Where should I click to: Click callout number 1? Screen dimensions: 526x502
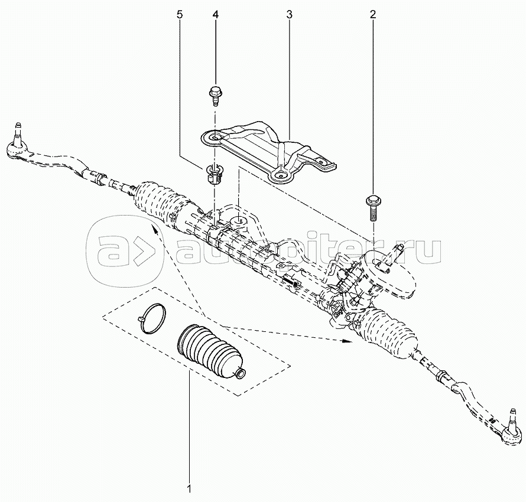pyautogui.click(x=189, y=488)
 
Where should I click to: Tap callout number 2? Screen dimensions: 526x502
pyautogui.click(x=373, y=14)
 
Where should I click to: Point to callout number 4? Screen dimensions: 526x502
pyautogui.click(x=215, y=14)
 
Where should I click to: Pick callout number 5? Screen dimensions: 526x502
pyautogui.click(x=180, y=14)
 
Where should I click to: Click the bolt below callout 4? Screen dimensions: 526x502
pyautogui.click(x=215, y=96)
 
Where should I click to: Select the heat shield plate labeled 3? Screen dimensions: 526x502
pyautogui.click(x=269, y=151)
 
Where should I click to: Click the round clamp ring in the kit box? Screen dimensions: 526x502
pyautogui.click(x=152, y=318)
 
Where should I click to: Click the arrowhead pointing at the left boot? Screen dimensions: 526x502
pyautogui.click(x=155, y=230)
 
